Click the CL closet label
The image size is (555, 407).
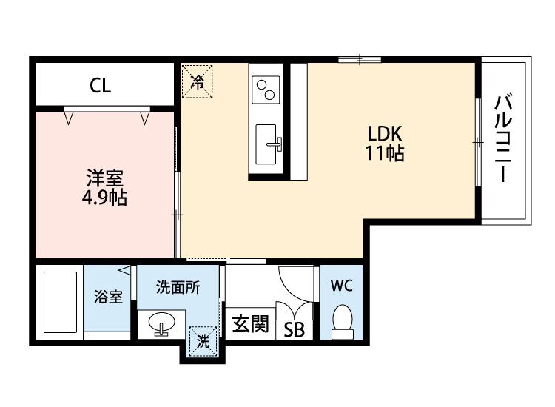tap(101, 86)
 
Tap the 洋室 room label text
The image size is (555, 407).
tap(104, 179)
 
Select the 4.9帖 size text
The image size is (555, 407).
tap(104, 198)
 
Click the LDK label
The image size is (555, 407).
tap(384, 135)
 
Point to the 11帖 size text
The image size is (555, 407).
tap(384, 154)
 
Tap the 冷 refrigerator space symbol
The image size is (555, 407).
tap(197, 81)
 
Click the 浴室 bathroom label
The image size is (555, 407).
tap(108, 297)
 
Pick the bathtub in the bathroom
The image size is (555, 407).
tap(60, 303)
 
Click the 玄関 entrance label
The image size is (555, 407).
tap(249, 324)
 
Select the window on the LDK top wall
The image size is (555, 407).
tap(360, 58)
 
